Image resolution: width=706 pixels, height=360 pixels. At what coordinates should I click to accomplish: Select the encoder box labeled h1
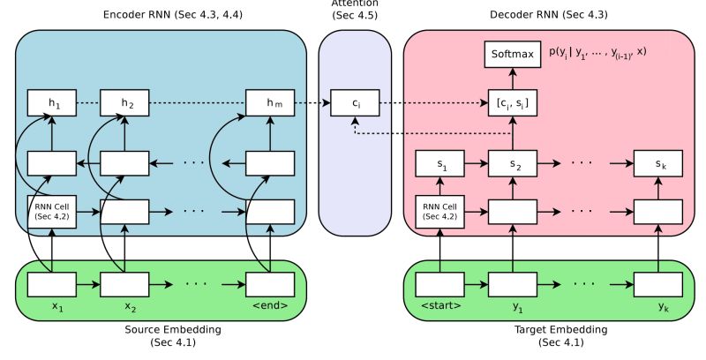click(x=51, y=103)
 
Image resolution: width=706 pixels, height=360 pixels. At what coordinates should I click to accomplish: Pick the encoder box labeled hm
click(x=269, y=103)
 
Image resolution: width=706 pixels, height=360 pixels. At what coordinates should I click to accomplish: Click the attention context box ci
click(x=355, y=103)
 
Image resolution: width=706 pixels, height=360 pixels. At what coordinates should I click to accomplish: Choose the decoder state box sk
click(x=657, y=163)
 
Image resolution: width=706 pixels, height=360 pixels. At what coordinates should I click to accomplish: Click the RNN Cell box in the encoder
click(x=51, y=211)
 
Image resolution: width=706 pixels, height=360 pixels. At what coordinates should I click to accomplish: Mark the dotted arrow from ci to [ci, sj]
click(x=432, y=103)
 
